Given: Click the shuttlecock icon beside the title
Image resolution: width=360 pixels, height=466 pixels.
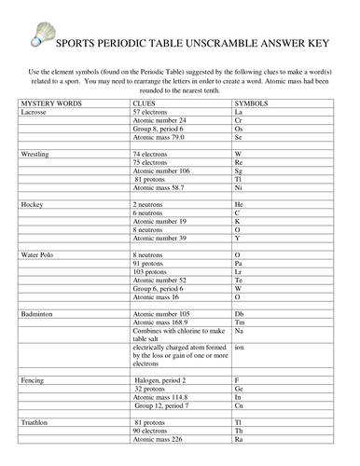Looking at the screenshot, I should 35,34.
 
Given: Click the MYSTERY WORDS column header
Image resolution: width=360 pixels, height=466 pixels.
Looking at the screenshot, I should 45,103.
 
